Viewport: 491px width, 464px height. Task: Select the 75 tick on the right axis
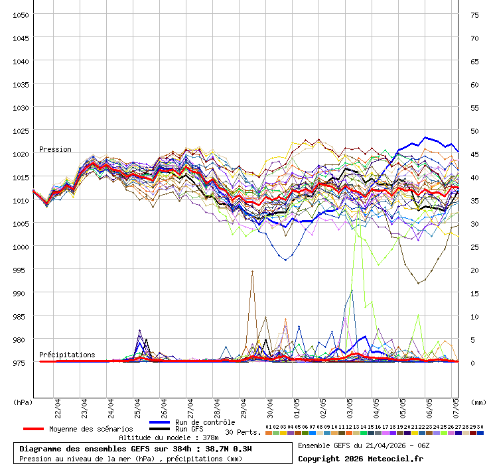474,15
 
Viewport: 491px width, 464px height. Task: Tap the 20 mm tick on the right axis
474,270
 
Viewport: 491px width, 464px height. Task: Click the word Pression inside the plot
55,149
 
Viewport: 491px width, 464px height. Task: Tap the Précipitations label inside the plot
67,355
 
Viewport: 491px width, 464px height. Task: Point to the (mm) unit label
478,402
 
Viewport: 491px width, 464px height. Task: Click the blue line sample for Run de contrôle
160,422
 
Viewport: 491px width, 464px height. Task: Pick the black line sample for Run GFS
160,429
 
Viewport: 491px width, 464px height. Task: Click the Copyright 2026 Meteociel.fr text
360,458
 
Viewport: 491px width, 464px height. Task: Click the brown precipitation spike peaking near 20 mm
252,273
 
